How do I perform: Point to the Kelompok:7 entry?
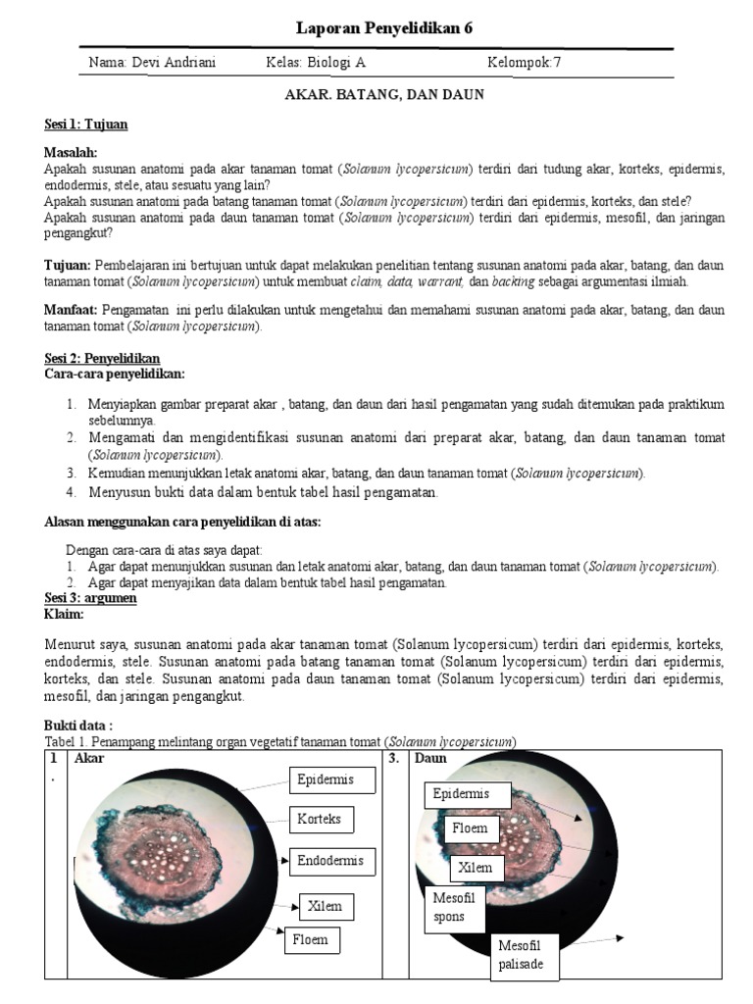[x=525, y=64]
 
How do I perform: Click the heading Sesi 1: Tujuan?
[x=86, y=125]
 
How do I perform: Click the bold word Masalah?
[x=72, y=154]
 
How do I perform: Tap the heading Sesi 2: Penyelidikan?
[x=102, y=359]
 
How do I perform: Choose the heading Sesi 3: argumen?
[x=90, y=598]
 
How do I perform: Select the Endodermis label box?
[x=329, y=861]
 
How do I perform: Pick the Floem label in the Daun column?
[x=471, y=828]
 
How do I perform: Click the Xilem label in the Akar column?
[x=325, y=906]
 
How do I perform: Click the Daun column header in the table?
[x=431, y=758]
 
